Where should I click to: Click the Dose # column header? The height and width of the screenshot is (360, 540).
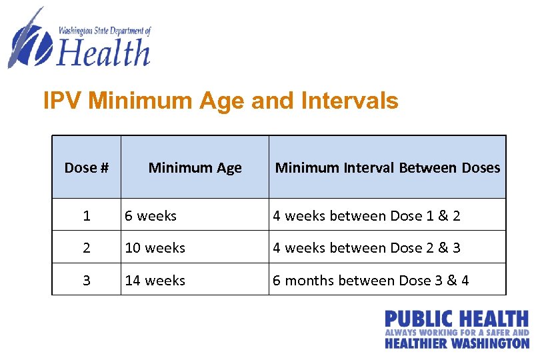87,168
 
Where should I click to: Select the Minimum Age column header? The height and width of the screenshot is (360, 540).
195,168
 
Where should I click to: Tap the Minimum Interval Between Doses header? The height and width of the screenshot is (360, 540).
387,168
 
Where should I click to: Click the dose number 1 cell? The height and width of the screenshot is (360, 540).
87,216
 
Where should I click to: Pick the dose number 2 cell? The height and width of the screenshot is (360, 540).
87,248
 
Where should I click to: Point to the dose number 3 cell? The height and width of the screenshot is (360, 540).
87,281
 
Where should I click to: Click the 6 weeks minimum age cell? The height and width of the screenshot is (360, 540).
151,216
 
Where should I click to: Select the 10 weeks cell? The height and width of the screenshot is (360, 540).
155,248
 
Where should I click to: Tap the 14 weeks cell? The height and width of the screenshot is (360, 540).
155,281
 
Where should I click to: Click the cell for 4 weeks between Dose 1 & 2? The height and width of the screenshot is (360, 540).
366,216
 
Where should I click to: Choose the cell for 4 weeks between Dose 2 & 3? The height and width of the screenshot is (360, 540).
366,248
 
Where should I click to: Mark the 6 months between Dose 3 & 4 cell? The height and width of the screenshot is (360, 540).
371,281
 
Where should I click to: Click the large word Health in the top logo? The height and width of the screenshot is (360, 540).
104,53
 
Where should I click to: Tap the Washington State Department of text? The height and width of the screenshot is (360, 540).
105,31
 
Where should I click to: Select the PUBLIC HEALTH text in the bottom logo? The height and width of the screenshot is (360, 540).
456,319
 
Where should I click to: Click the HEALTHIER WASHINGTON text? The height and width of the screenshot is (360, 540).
456,343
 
